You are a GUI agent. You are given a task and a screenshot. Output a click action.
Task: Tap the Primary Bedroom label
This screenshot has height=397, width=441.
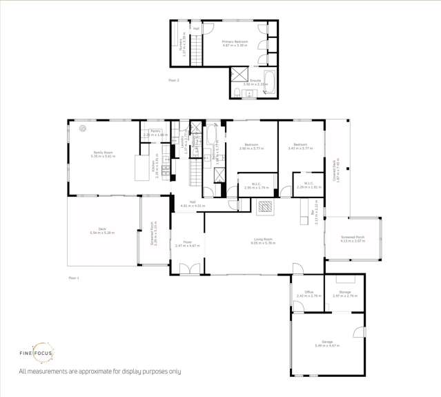235,42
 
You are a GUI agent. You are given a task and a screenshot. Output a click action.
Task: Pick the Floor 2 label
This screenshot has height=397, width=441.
173,81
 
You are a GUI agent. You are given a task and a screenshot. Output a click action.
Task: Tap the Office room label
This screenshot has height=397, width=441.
308,292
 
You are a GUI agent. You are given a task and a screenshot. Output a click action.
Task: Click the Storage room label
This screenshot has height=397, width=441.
344,292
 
